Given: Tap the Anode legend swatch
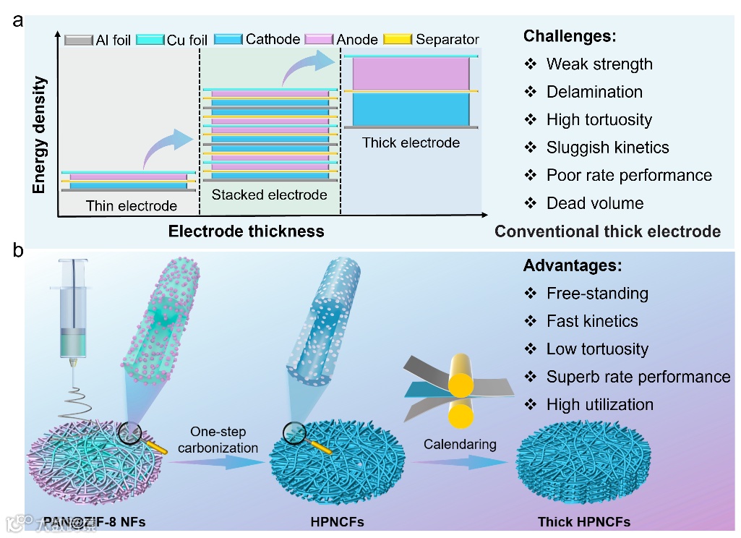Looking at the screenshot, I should coord(318,38).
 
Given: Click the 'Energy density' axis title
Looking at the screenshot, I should coord(39,135).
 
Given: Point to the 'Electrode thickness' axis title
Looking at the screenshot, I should coord(246,232).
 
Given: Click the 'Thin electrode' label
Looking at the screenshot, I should coord(131,206).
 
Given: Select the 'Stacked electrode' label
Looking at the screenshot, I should coord(269,195).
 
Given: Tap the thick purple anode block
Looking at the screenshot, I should coord(411,73).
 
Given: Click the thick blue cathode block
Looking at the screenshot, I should coord(411,108).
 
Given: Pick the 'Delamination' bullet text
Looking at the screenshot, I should coord(594,92).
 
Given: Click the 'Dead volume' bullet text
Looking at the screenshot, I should coord(594,203).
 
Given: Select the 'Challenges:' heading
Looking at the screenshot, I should coord(569,35).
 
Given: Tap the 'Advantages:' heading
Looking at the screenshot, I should coord(572,265).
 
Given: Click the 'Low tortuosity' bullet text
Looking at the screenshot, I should coord(597,349).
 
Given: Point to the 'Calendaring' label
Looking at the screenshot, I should coord(460,443).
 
